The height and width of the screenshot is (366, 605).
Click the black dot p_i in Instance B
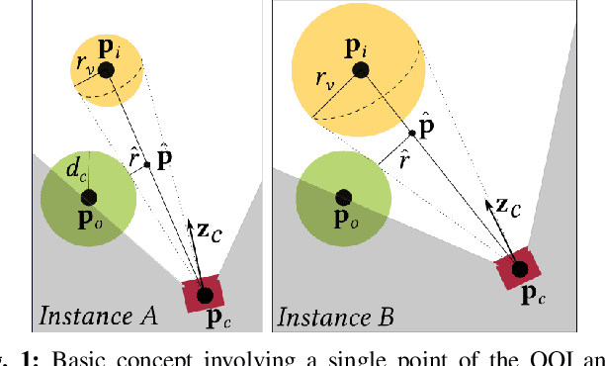tap(360, 69)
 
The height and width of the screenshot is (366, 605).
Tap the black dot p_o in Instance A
tap(87, 193)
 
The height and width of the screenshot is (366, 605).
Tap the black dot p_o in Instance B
tap(343, 195)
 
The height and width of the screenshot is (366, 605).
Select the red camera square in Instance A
tap(205, 294)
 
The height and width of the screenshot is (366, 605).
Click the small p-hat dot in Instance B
tap(411, 133)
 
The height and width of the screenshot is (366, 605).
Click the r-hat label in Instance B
tap(404, 157)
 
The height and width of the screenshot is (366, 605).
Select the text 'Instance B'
tap(335, 317)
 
